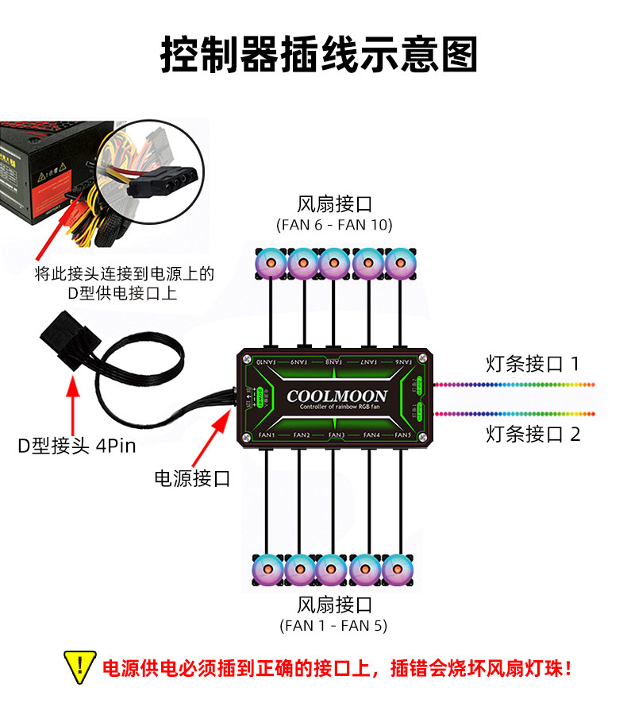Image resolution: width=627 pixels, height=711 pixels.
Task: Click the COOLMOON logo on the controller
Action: click(x=337, y=396)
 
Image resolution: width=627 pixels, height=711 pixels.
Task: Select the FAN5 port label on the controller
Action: click(x=402, y=435)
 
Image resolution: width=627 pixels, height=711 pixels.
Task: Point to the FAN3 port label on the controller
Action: click(x=336, y=435)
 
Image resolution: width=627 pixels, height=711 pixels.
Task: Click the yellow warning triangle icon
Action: click(x=79, y=666)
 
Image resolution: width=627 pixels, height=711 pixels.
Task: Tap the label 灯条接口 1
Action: click(x=533, y=364)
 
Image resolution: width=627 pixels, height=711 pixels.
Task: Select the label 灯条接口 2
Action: click(x=533, y=434)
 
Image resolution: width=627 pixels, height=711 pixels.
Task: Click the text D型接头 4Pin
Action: click(x=77, y=445)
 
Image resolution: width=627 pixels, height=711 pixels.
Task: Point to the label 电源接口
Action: click(x=192, y=478)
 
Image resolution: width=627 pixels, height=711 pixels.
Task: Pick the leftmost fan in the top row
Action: click(x=270, y=263)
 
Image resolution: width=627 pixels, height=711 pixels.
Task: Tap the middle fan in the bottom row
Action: click(x=332, y=569)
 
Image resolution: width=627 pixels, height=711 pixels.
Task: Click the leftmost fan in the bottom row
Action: click(x=267, y=569)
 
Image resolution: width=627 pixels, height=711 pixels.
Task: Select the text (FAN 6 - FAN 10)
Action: click(x=334, y=225)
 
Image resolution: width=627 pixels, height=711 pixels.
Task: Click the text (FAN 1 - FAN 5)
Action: click(x=333, y=625)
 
